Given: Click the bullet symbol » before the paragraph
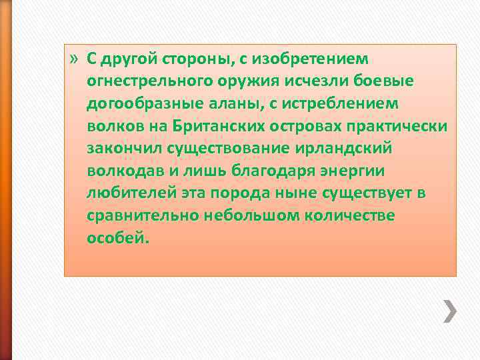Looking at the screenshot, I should (74, 59).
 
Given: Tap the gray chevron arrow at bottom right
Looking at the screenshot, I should (451, 311).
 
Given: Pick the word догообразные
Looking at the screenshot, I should (140, 104).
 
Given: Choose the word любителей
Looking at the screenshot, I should (127, 193).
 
